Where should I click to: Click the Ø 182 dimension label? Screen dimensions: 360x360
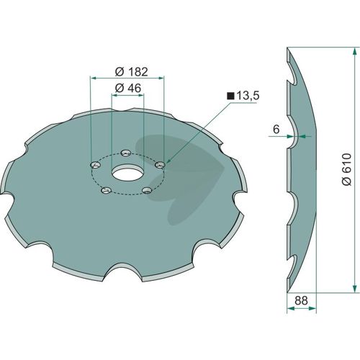click(x=132, y=72)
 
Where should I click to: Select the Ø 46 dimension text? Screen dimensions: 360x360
click(x=128, y=88)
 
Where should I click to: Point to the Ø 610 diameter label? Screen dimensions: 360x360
click(x=346, y=168)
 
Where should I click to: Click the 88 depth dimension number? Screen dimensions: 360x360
click(x=301, y=300)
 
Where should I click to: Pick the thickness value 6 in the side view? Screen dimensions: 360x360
click(x=276, y=130)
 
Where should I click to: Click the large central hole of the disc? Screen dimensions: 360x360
click(x=127, y=173)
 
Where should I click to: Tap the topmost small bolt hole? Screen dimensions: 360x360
click(x=125, y=153)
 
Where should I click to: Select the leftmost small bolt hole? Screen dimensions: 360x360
click(x=95, y=165)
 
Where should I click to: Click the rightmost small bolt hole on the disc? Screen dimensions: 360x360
click(x=160, y=165)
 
